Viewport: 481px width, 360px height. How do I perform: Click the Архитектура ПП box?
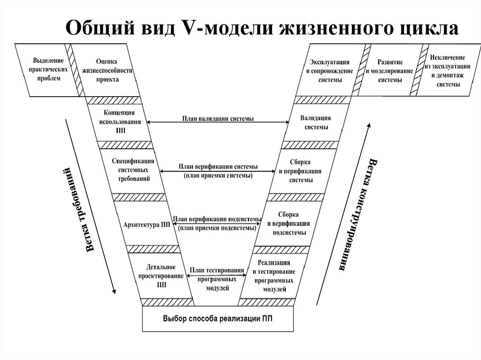146,224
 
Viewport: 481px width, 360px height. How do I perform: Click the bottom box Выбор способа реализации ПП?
217,319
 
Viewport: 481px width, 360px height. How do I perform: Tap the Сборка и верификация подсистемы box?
289,223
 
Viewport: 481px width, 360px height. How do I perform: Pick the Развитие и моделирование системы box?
390,70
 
